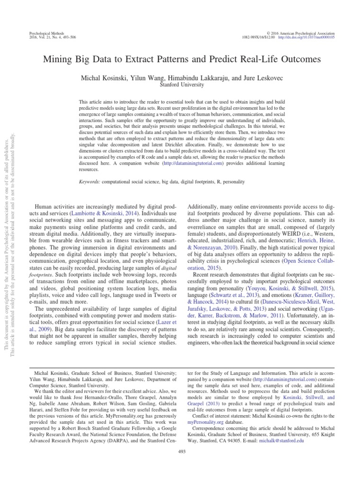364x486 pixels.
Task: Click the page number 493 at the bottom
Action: coord(182,465)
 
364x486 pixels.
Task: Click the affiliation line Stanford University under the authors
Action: coord(182,85)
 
